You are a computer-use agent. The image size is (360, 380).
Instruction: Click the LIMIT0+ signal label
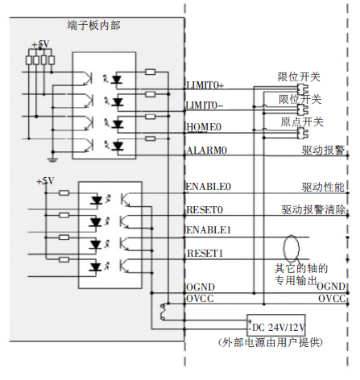click(205, 85)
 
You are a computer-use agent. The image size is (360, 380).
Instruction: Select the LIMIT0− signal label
click(205, 105)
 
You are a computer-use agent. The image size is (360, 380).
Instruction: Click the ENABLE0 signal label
click(208, 187)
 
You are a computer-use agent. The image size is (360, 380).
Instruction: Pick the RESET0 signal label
click(205, 209)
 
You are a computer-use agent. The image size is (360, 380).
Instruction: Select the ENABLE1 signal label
click(208, 230)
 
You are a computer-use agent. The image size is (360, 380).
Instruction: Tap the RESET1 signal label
click(205, 253)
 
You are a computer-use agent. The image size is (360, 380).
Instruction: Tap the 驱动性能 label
click(323, 187)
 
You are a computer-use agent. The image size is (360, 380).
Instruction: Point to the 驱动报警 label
click(323, 150)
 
